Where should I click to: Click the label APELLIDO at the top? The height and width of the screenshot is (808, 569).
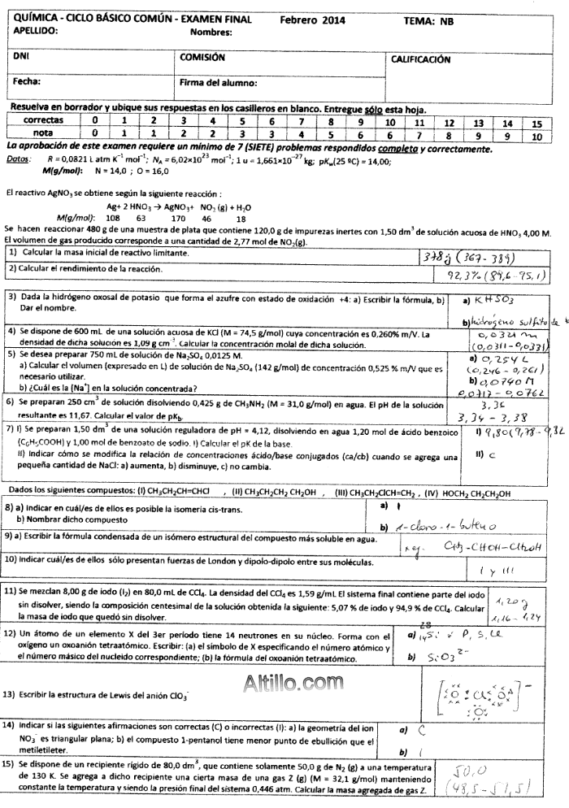[x=40, y=31]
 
